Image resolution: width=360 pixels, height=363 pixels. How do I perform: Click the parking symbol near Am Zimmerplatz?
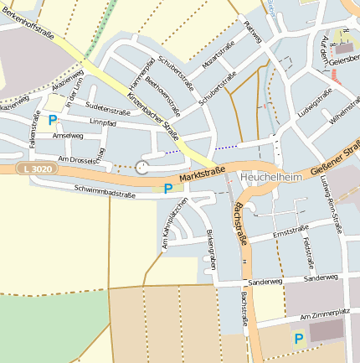(x=298, y=339)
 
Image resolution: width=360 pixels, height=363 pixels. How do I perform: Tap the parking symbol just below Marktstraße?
(x=168, y=189)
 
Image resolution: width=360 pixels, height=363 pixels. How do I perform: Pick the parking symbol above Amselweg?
(x=53, y=121)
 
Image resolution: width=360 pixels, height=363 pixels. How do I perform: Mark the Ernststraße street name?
(x=291, y=228)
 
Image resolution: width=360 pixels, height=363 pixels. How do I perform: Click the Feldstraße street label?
(x=307, y=252)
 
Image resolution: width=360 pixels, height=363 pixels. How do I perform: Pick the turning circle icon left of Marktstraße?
(x=141, y=167)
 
